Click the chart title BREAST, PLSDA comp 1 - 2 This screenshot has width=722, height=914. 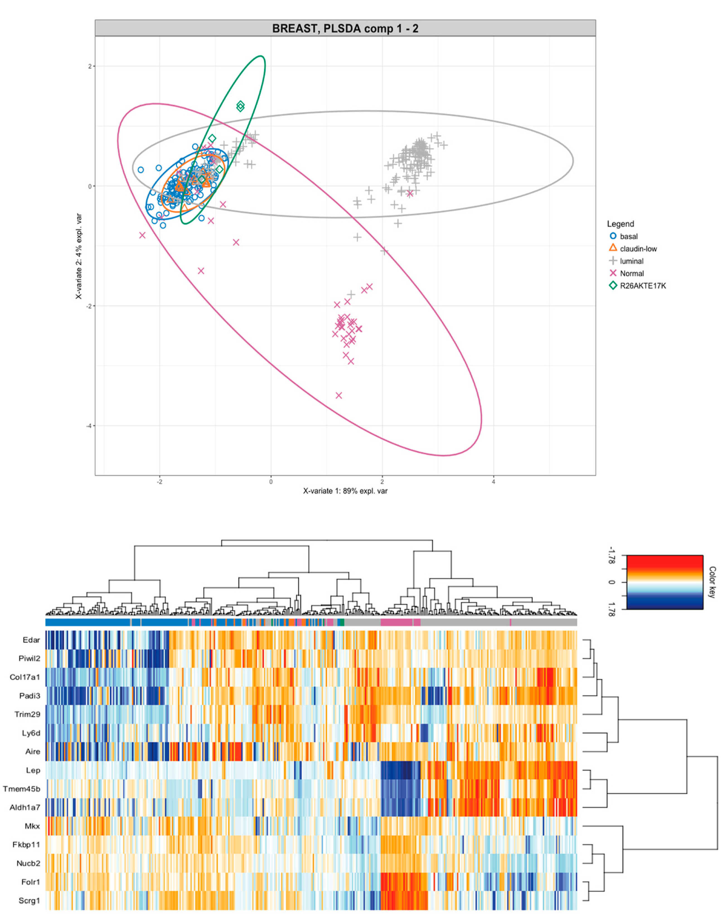click(x=345, y=28)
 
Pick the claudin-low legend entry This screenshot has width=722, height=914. click(x=638, y=249)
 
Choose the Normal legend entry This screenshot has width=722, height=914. click(x=631, y=273)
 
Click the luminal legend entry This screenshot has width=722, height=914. click(x=631, y=261)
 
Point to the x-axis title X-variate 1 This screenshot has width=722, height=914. click(x=345, y=491)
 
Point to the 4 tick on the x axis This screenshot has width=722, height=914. click(x=493, y=481)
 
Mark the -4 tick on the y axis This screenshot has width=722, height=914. click(x=89, y=426)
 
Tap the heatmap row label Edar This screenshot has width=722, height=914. click(x=31, y=640)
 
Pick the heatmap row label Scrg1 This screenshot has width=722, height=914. click(x=29, y=900)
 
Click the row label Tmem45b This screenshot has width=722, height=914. click(x=21, y=789)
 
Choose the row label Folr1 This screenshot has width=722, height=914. click(x=30, y=882)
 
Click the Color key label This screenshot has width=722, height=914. click(x=712, y=582)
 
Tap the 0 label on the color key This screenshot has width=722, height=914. click(x=611, y=582)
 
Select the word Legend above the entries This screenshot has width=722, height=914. click(x=621, y=224)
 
